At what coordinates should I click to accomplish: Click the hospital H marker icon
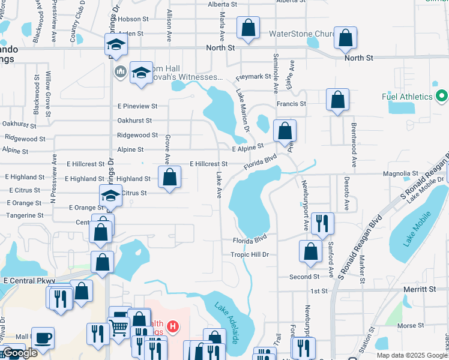(x=173, y=327)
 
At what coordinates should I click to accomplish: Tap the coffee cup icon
(x=43, y=337)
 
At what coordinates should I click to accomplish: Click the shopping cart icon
(x=119, y=327)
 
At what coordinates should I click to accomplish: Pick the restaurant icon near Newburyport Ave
(x=322, y=223)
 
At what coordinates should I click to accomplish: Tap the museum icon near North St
(x=120, y=71)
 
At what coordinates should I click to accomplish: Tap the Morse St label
(x=411, y=326)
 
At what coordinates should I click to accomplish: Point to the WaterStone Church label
(x=301, y=34)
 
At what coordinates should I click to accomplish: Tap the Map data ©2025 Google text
(x=411, y=355)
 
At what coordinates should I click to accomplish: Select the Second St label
(x=304, y=277)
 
